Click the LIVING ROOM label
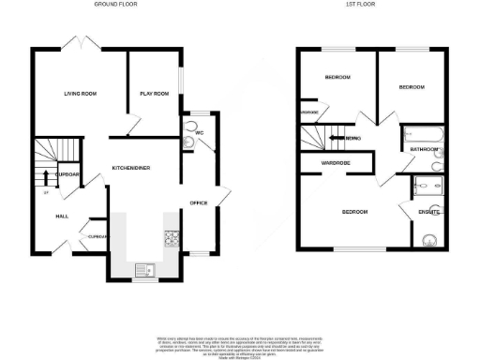82,94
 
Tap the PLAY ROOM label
154,94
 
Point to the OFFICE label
199,202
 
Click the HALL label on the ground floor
62,216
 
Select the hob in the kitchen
172,239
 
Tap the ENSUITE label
427,213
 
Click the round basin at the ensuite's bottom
431,239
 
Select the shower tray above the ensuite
428,186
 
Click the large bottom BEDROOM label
353,213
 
